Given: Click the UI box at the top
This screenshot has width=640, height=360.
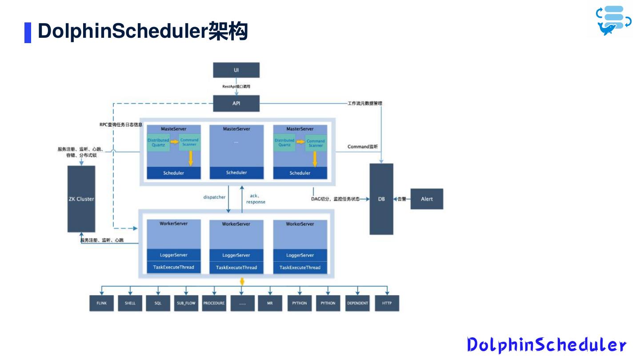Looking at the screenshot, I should [236, 70].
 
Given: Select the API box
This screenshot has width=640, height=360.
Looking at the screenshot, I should [236, 104].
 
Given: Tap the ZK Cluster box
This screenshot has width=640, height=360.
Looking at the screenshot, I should [81, 199].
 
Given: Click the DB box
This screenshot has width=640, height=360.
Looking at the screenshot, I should [381, 199].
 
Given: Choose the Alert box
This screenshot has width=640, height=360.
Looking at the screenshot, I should [427, 199].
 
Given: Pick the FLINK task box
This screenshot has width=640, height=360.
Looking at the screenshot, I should [101, 303].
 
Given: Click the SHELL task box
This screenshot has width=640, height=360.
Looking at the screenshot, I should [130, 303].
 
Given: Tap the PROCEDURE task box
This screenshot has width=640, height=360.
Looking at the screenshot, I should [214, 303].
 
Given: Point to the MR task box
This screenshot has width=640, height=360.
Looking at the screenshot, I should [270, 303].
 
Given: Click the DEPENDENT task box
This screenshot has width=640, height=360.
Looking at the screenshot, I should [357, 303].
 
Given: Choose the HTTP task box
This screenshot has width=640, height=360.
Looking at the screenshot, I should [387, 303].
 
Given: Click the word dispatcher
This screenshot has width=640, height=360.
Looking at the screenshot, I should [214, 197].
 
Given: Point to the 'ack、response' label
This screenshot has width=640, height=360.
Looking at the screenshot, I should [256, 199].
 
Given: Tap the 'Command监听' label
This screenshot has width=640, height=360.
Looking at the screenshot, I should [363, 147].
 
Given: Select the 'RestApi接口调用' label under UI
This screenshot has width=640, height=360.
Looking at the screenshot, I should [236, 86].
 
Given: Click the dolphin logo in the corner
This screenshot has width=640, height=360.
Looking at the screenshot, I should [613, 20].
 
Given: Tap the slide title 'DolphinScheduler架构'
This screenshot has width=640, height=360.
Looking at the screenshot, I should [142, 32].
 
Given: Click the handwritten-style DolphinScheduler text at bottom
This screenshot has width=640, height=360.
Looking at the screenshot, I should [546, 345].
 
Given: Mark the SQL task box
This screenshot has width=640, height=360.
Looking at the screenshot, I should [158, 303].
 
